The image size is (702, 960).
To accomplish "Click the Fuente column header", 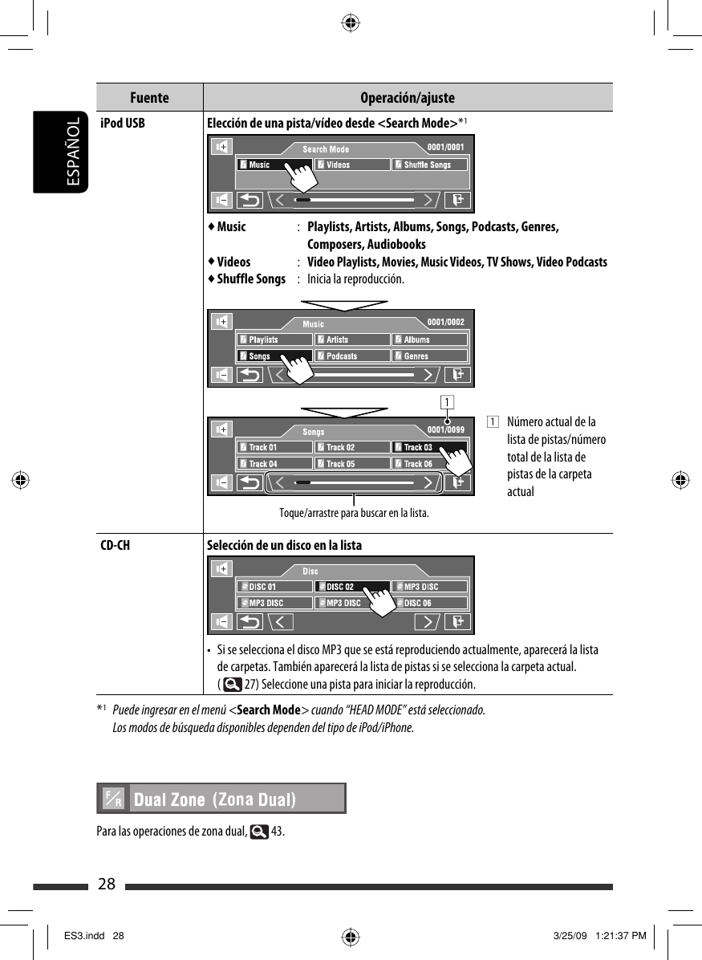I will (x=149, y=98).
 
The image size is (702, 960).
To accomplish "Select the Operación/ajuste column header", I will (x=408, y=98).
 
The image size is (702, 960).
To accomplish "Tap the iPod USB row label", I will (x=123, y=124).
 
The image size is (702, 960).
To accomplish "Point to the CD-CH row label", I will (x=116, y=546).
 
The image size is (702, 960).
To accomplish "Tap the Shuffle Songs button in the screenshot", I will (x=429, y=165).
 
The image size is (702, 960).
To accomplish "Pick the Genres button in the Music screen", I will (x=429, y=356).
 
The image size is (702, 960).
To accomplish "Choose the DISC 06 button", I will (x=429, y=603).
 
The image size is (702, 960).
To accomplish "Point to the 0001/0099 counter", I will (x=445, y=429).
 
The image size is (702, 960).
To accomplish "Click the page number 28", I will (x=107, y=885).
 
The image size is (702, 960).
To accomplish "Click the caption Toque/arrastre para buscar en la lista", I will (x=354, y=513).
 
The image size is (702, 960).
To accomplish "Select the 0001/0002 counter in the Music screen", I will (x=445, y=322).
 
